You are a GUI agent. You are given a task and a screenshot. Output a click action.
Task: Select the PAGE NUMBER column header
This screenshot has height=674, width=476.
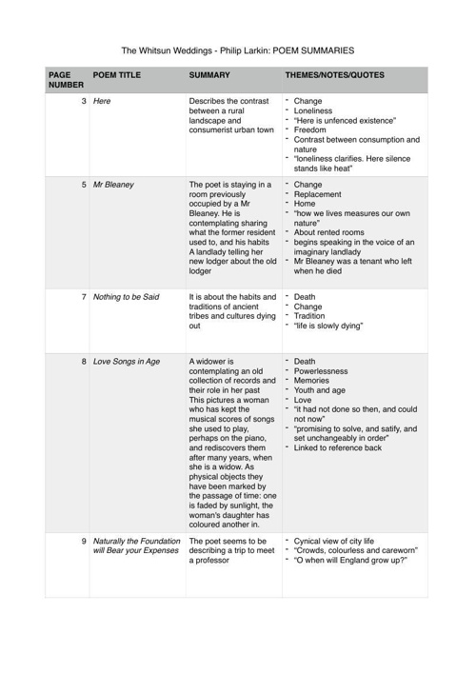click(x=65, y=79)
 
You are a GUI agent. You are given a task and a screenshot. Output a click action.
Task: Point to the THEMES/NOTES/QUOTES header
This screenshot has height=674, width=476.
click(x=338, y=73)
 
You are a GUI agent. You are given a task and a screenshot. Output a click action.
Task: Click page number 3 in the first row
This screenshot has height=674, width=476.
click(x=84, y=101)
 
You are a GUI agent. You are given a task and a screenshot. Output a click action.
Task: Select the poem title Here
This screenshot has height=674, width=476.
click(x=102, y=101)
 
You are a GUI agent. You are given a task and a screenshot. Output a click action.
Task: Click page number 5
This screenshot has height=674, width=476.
click(x=84, y=185)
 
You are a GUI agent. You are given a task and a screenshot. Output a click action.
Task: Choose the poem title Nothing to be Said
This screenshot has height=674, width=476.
click(x=134, y=297)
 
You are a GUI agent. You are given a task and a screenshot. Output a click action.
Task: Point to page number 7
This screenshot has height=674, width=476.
click(x=84, y=297)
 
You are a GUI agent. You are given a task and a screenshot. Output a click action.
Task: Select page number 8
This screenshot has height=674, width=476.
click(x=84, y=362)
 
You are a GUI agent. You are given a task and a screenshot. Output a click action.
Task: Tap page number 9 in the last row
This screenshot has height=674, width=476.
click(x=84, y=541)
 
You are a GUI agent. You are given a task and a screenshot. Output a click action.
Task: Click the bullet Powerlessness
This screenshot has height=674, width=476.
click(x=321, y=371)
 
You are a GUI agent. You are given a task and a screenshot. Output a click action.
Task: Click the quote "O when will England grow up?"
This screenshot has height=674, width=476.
click(x=351, y=561)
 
